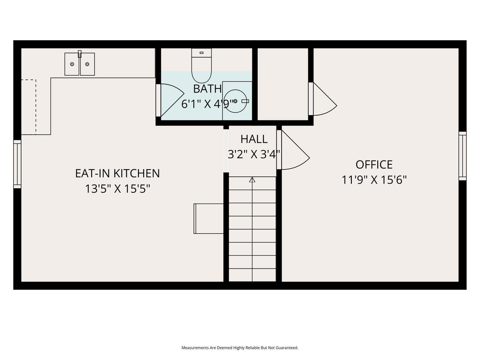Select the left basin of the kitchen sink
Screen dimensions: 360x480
pos(72,64)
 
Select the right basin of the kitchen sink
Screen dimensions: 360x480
pos(87,64)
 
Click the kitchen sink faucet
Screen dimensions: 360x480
pos(79,54)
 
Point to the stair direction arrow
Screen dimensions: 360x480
pos(252,180)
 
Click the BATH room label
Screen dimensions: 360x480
pos(207,89)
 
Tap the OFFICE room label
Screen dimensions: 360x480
pos(374,165)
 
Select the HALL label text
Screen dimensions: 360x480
pos(254,139)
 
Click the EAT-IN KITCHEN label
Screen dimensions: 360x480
pos(117,173)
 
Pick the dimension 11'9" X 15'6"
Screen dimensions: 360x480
pos(374,180)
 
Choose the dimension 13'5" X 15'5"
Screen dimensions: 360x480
pos(117,189)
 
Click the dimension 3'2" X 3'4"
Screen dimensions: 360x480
pos(254,154)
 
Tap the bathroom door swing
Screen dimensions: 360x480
pos(169,98)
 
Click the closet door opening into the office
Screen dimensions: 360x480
pos(323,100)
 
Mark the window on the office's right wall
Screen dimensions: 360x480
pos(462,156)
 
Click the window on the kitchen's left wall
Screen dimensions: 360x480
pos(17,164)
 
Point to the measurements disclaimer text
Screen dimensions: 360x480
pos(240,348)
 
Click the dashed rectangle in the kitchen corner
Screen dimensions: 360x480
pos(29,107)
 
